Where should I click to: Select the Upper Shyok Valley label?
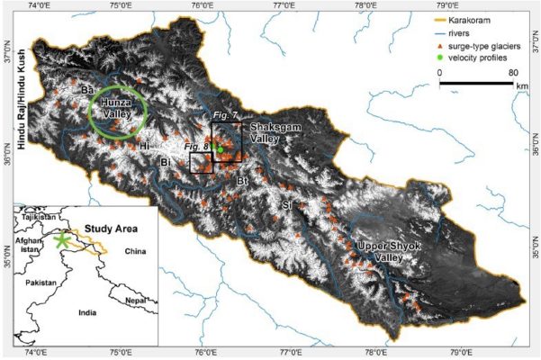pos(386,251)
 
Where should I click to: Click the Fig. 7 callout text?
pos(227,117)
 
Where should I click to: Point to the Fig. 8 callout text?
pos(196,145)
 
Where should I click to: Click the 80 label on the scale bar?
pos(515,72)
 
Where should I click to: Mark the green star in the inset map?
pos(61,240)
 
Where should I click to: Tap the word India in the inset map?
pos(88,313)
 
